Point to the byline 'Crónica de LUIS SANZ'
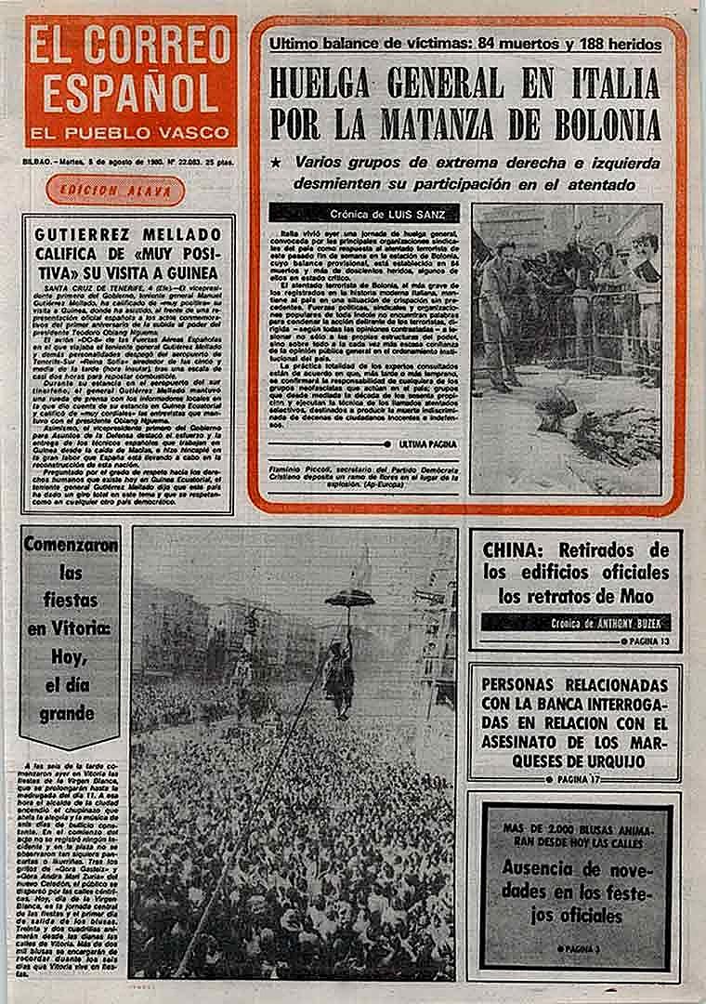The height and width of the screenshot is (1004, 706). (368, 213)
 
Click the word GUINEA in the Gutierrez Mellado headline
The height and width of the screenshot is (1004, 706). (188, 272)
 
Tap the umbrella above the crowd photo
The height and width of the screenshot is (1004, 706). (349, 597)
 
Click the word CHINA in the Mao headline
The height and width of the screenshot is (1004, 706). (514, 549)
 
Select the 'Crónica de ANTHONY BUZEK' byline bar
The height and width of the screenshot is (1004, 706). (576, 623)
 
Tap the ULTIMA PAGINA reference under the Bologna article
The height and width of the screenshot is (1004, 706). (426, 444)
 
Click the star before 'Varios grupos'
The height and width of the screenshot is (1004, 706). (275, 162)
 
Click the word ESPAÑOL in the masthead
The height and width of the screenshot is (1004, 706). (129, 91)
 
